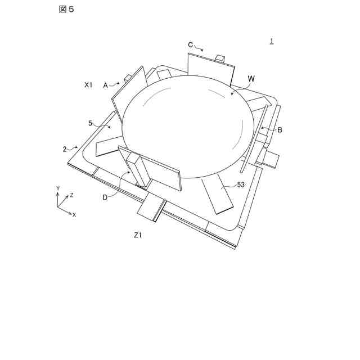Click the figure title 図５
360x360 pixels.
(x=66, y=10)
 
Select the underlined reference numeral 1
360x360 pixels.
(x=272, y=41)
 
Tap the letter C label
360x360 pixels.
(x=190, y=44)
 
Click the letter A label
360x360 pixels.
(x=105, y=85)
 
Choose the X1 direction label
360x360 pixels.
(x=88, y=84)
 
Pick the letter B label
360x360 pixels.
(x=280, y=130)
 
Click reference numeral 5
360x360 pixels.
(x=90, y=123)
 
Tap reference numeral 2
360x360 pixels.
(x=65, y=149)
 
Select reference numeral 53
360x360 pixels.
(x=241, y=184)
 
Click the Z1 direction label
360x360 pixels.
(x=138, y=235)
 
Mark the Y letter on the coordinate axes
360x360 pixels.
(x=58, y=187)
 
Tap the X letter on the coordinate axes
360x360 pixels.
(x=74, y=215)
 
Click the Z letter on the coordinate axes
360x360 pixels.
(x=71, y=195)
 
